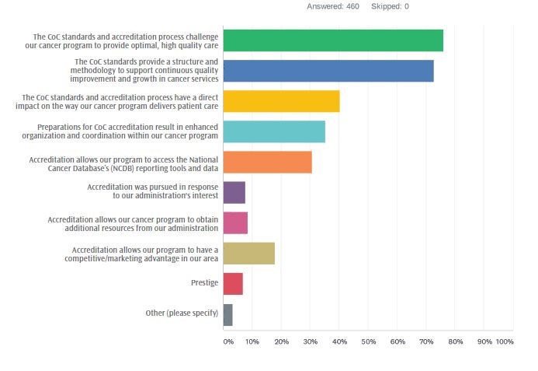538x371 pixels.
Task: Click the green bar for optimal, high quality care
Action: tap(332, 40)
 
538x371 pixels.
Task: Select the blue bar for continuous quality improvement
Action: tap(328, 71)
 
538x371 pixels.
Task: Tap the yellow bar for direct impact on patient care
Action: tap(281, 101)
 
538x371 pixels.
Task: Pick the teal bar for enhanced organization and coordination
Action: tap(273, 131)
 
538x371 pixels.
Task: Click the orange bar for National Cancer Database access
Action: tap(267, 162)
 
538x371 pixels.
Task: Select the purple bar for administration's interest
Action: tap(234, 192)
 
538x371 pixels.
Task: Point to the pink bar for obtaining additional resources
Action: tap(235, 223)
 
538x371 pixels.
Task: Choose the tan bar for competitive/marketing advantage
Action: tap(248, 254)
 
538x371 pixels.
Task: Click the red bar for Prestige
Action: tap(233, 284)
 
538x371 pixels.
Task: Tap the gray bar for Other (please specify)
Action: tap(227, 314)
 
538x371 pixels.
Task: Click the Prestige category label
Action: tap(204, 283)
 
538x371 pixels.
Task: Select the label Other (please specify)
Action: tap(182, 313)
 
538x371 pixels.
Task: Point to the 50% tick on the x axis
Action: tap(368, 341)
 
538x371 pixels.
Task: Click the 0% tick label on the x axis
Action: tap(228, 341)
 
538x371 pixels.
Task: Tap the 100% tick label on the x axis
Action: tap(505, 341)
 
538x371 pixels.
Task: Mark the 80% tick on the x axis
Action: tap(455, 341)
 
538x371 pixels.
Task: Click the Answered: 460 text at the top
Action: tap(333, 6)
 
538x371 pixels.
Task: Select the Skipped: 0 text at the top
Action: tap(390, 6)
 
